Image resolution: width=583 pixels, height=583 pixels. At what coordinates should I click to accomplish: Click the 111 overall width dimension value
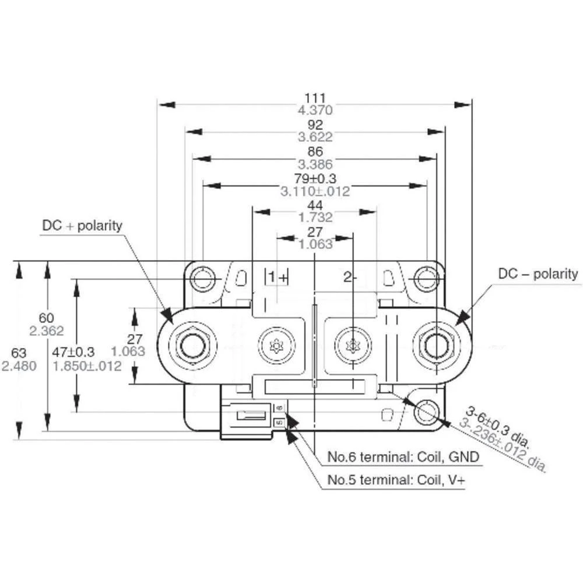coord(315,97)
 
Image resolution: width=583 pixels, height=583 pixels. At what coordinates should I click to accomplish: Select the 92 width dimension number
coord(315,125)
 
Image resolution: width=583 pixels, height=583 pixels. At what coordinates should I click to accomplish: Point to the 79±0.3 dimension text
coord(315,178)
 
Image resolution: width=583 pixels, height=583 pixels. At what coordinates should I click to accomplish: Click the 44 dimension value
coord(315,205)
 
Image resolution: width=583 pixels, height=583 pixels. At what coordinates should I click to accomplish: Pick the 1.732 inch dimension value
coord(315,217)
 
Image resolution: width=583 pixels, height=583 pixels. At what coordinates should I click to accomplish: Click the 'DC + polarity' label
coord(82,225)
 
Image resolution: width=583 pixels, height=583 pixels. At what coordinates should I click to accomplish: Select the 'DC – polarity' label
coord(538,273)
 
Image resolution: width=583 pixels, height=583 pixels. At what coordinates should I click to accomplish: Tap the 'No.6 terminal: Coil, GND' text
coord(403,457)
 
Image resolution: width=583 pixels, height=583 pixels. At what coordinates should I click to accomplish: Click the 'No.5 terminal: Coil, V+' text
coord(396,480)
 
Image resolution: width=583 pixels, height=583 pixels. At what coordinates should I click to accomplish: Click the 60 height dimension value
coord(46,318)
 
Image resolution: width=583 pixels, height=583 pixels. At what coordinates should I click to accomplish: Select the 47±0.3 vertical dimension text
coord(73,352)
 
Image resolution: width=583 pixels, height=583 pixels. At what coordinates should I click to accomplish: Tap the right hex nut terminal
coord(436,346)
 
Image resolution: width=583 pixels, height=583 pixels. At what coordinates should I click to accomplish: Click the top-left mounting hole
coord(203,279)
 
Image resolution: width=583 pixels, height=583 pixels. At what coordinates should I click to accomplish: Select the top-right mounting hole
coord(426,279)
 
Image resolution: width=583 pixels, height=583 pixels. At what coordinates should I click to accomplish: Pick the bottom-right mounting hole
coord(426,411)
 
